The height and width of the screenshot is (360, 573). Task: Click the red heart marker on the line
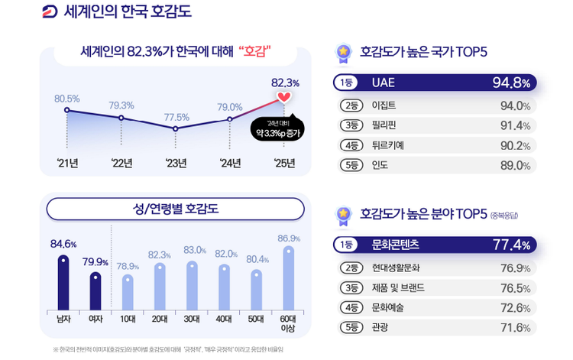point(284,97)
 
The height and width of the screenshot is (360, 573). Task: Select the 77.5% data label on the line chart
point(176,117)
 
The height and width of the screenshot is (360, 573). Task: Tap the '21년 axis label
point(67,162)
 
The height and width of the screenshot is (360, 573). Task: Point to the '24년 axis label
point(230,162)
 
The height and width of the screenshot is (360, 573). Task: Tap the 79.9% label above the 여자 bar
point(95,262)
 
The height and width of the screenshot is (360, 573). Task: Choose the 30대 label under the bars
point(192,319)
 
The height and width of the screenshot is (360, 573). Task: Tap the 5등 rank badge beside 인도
point(351,165)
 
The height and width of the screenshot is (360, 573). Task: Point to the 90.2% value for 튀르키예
point(515,145)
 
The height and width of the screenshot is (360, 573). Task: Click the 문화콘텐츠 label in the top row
point(395,245)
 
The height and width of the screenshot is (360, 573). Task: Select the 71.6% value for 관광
point(515,328)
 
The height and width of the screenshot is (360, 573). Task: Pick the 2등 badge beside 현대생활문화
point(351,268)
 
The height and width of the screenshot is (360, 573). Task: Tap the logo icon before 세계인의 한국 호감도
point(50,11)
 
